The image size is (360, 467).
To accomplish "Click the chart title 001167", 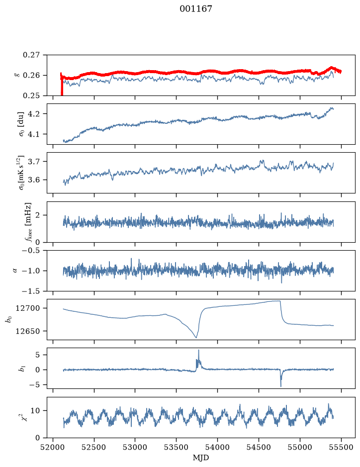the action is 195,9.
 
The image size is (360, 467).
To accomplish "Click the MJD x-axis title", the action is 201,458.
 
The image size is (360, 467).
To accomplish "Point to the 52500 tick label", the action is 94,448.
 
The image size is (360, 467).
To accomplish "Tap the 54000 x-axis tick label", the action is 217,448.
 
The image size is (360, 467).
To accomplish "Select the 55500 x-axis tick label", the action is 341,448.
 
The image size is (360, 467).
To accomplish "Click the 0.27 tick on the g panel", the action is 31,55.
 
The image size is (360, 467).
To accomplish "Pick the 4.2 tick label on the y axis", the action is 34,114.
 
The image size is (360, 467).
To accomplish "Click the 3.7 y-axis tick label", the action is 34,162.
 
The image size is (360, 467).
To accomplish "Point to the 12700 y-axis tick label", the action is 28,308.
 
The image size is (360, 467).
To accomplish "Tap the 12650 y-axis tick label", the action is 28,331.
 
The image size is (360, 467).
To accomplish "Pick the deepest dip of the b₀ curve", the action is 196,338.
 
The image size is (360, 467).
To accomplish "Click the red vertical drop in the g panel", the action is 62,85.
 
